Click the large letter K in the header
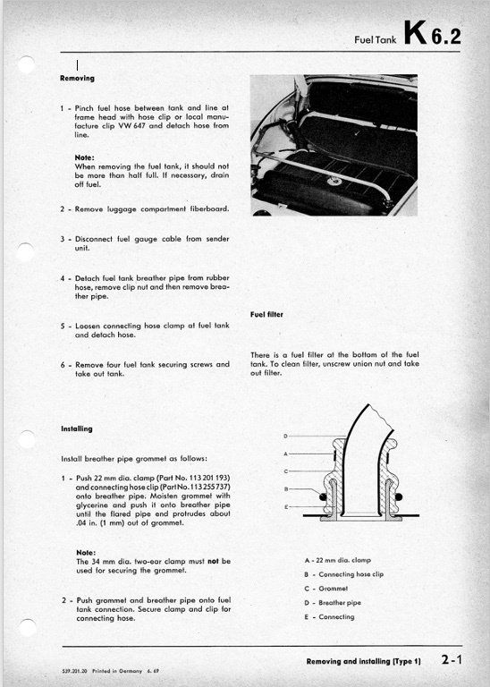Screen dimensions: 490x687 coord(415,33)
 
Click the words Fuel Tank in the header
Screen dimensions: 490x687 coord(376,40)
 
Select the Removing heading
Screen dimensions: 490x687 coord(77,79)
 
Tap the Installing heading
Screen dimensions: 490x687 coord(77,429)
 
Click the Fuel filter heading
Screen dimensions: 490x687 coord(266,315)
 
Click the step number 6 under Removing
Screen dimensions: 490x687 coord(63,365)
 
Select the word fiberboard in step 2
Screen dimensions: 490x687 coord(209,209)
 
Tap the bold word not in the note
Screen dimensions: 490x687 coord(213,561)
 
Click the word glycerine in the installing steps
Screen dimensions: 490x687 coord(92,505)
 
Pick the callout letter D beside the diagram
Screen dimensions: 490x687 coord(285,436)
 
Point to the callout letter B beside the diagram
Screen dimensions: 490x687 coord(286,489)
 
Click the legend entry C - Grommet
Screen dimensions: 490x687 coord(326,589)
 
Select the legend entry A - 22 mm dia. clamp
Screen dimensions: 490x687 coord(338,560)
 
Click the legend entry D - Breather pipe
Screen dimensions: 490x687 coord(333,603)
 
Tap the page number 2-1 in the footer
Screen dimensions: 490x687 coord(452,659)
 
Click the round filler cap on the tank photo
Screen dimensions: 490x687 coord(335,180)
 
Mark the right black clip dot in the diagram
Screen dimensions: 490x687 coord(399,496)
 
